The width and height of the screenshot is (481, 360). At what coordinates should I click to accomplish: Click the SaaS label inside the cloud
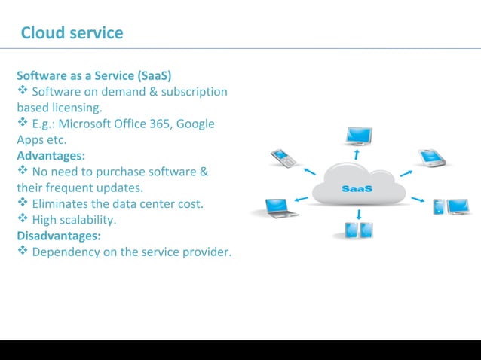tap(357, 189)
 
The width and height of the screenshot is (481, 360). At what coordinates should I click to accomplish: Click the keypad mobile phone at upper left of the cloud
tap(283, 159)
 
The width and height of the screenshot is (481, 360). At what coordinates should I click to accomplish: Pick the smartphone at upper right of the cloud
tap(431, 158)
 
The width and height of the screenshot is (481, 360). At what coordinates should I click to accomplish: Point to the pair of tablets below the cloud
tap(358, 230)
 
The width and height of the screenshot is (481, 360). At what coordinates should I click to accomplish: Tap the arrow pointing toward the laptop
tap(301, 200)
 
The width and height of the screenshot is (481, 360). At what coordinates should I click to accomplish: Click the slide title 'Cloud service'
tap(72, 33)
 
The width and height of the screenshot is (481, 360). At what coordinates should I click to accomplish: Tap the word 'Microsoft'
tap(93, 124)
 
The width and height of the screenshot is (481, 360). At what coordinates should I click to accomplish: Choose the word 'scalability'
tap(88, 220)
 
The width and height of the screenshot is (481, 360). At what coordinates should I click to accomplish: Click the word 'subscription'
tap(193, 92)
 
